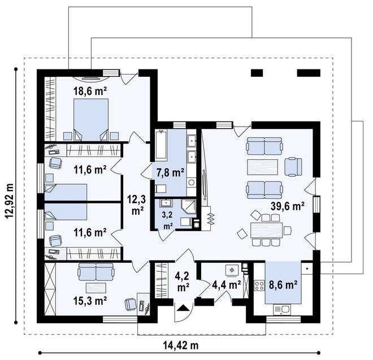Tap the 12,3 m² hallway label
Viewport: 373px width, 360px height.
click(136, 204)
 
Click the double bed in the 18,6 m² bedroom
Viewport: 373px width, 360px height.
click(91, 118)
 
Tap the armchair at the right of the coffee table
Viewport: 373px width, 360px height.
click(293, 166)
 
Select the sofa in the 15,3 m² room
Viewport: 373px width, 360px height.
click(96, 273)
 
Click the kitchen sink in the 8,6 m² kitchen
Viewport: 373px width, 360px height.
click(282, 309)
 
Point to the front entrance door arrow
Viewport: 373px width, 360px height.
click(184, 308)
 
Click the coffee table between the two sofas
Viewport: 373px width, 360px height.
click(263, 168)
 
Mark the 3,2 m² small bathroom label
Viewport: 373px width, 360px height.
click(167, 220)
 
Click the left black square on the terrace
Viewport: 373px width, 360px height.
click(257, 73)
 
